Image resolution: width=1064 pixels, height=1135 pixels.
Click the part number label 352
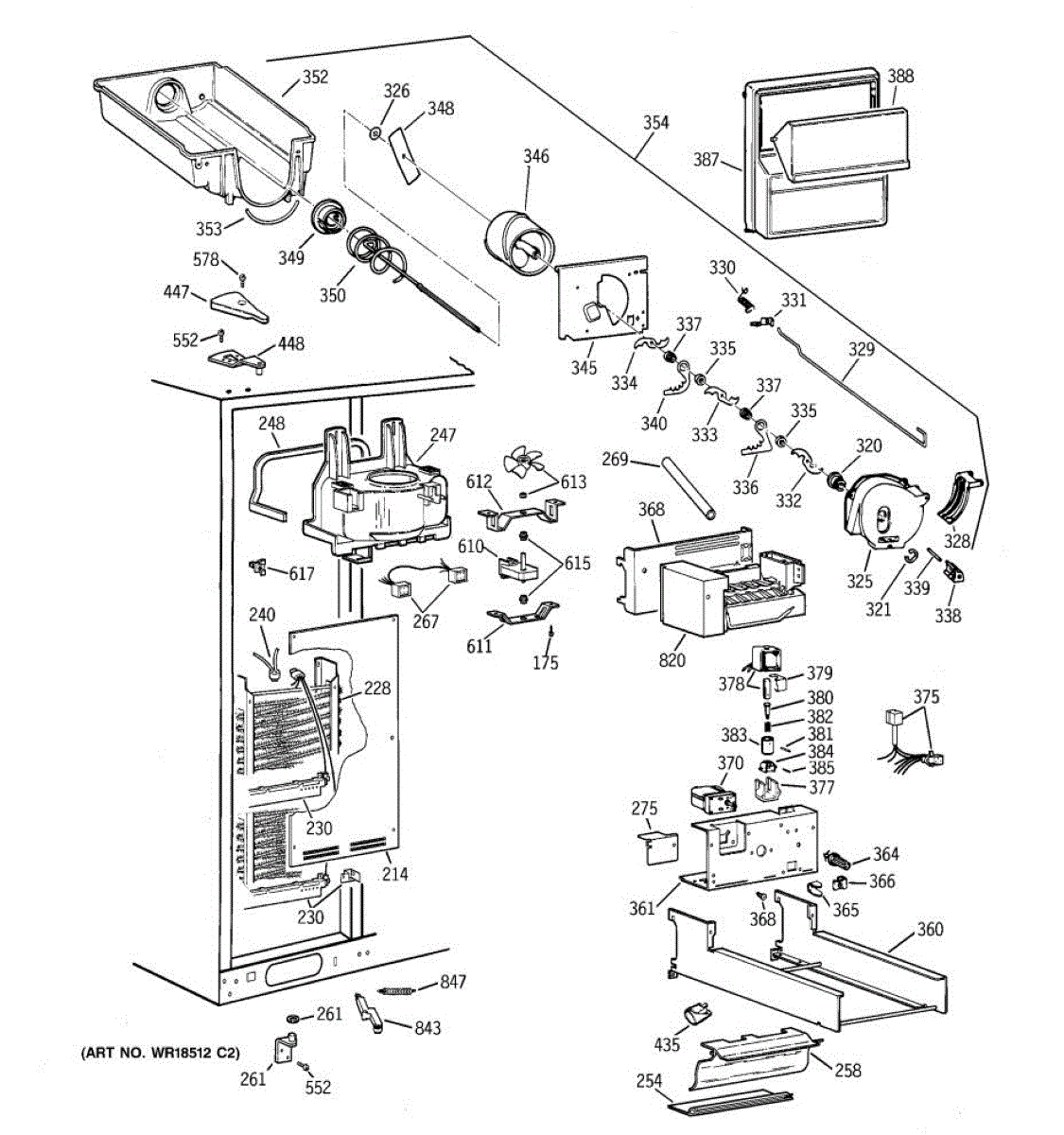coord(315,78)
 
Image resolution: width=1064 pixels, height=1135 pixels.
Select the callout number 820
coord(672,660)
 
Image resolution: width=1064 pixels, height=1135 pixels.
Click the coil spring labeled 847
coord(397,991)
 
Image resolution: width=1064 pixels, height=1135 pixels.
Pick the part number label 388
coord(900,76)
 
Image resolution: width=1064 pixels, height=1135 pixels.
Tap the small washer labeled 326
coord(375,134)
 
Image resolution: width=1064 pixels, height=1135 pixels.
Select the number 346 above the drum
coord(535,156)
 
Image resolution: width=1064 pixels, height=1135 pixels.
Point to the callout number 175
coord(546,663)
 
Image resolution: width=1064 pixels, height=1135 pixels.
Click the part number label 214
coord(395,874)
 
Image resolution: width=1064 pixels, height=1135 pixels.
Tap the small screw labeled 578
coord(243,278)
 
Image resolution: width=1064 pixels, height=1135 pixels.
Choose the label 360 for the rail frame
coord(930,929)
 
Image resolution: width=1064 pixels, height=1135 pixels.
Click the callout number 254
coord(649,1081)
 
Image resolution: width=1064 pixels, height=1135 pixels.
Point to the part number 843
coord(427,1028)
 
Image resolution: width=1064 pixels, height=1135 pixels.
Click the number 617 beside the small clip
coord(302,574)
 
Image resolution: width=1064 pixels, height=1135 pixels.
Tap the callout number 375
coord(926,697)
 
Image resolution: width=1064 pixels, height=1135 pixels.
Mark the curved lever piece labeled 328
coord(960,497)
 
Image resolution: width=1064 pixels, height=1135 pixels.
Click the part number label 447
coord(176,292)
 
